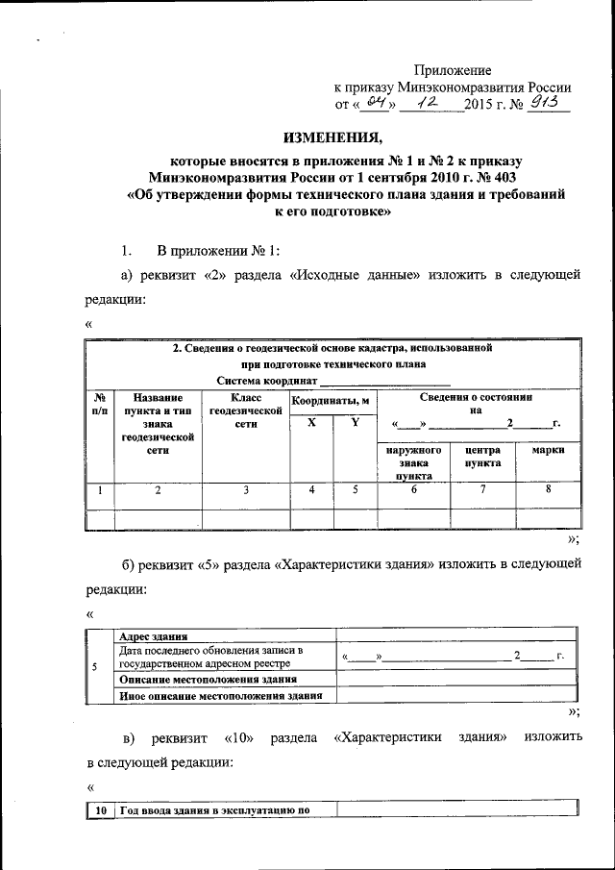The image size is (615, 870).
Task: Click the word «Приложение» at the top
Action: (453, 70)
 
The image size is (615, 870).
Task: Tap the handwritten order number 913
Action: (549, 103)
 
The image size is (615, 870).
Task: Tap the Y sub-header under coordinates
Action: (355, 422)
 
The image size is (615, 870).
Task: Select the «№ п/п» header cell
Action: (99, 403)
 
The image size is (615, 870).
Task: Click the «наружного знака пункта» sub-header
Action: (413, 461)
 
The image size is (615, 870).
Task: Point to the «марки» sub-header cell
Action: (547, 449)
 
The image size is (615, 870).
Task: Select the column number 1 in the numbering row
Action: (99, 491)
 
